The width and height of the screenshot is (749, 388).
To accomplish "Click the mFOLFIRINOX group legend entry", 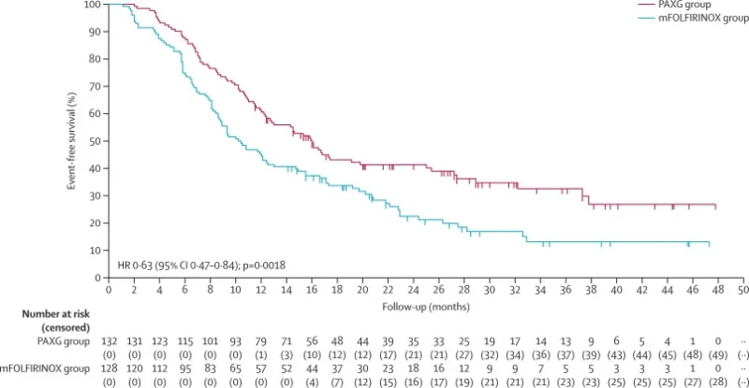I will point(683,18).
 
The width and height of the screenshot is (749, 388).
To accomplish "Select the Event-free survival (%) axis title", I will point(71,140).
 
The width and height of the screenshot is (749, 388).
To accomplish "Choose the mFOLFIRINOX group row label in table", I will point(50,369).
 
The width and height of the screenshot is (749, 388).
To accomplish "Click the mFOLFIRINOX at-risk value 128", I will point(109,369).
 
